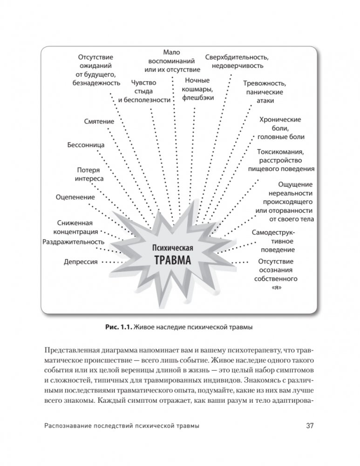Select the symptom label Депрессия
coord(81,262)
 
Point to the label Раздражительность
coord(73,242)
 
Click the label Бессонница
coord(86,144)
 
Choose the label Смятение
coord(99,122)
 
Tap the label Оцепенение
coord(75,197)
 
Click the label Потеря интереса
coord(89,174)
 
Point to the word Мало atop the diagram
coord(172,53)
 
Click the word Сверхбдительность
coord(237,57)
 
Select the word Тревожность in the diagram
coord(265,83)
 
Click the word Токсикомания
coord(281,152)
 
